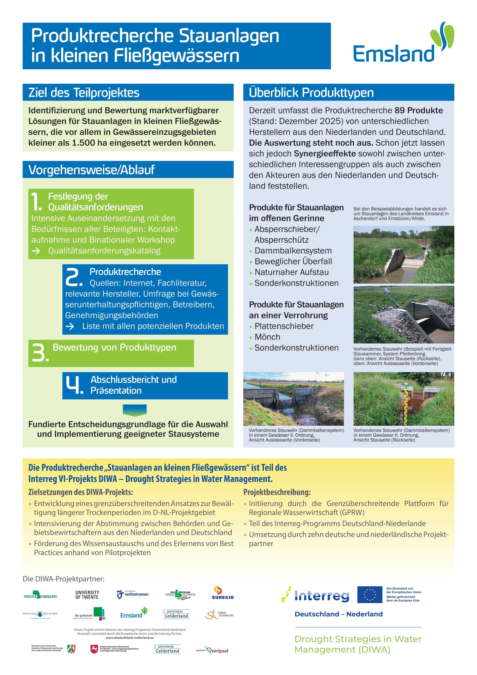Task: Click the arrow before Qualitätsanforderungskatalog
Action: click(36, 251)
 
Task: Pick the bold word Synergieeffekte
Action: click(325, 154)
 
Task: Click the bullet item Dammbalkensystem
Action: click(293, 251)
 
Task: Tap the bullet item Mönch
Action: click(267, 337)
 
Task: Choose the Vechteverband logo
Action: click(40, 595)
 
